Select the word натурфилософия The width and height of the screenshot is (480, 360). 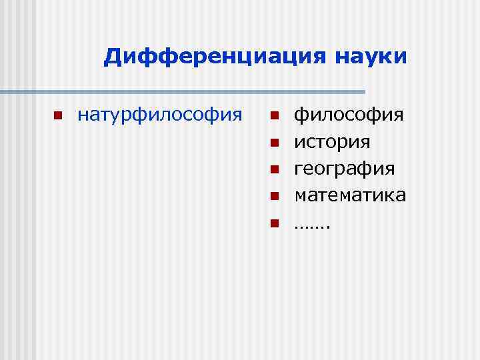160,115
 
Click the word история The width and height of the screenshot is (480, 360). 333,142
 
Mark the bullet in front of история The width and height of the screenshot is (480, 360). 273,142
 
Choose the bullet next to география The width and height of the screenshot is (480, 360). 273,169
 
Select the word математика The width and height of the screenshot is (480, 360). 351,195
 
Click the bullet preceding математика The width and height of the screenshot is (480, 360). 273,195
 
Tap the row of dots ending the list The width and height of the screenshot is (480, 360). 313,225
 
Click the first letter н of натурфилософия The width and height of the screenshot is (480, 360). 83,116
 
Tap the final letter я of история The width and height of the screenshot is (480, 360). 366,143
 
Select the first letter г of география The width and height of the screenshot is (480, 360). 299,169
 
